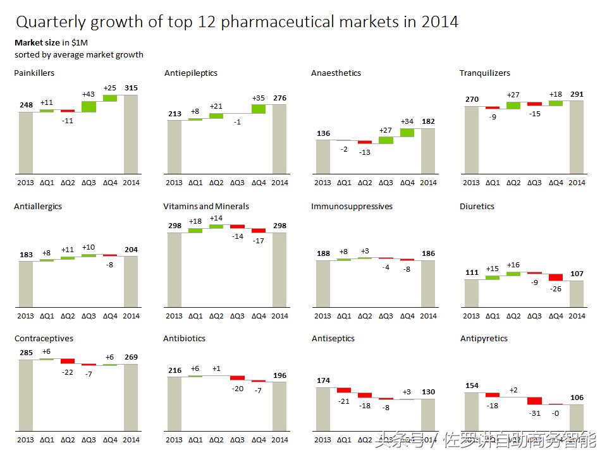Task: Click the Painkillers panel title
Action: click(x=34, y=73)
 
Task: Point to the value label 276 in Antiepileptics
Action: click(x=279, y=98)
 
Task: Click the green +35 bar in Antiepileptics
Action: click(x=258, y=109)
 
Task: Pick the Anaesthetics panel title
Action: click(x=336, y=73)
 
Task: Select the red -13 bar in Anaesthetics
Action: click(x=365, y=142)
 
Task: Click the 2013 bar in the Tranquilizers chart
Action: click(x=471, y=140)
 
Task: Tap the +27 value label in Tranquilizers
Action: click(x=513, y=94)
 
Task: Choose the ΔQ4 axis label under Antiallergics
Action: click(x=110, y=316)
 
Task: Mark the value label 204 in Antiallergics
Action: click(x=131, y=250)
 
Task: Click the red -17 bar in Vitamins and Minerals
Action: click(x=258, y=231)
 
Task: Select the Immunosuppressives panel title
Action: click(x=352, y=206)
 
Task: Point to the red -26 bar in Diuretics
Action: click(x=555, y=277)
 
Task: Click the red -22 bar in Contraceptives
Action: click(x=68, y=361)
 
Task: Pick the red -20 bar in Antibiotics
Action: click(x=237, y=378)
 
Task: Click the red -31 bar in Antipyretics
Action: click(x=534, y=401)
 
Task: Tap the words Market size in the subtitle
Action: click(x=37, y=42)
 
